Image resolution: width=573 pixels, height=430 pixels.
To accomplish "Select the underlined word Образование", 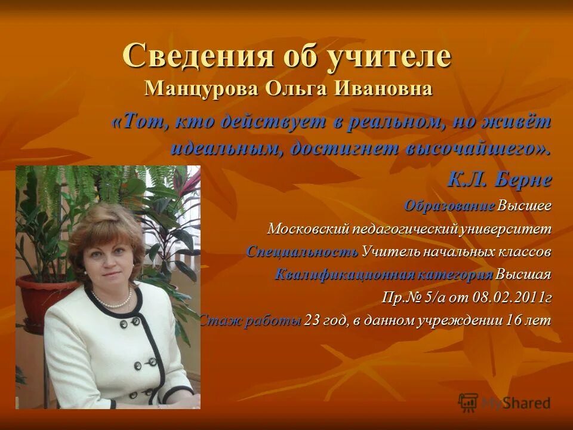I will point(449,206).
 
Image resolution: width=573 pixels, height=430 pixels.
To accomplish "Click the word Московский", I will point(305,229).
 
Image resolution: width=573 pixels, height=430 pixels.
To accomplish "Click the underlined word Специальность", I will point(302,251).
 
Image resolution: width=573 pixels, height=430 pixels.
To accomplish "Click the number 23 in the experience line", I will point(312,321).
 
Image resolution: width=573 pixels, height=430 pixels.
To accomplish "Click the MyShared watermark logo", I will point(504,402).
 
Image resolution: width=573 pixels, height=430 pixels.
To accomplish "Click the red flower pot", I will point(33,299).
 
